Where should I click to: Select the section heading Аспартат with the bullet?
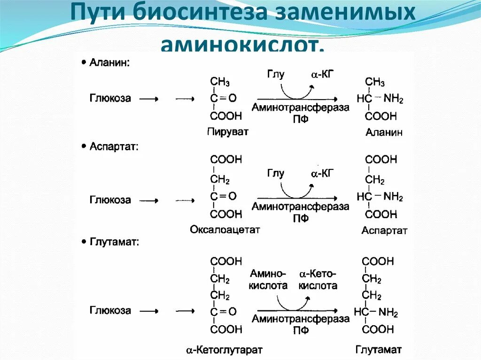tap(113, 147)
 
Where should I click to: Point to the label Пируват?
tap(227, 131)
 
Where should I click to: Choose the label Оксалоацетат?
tap(225, 230)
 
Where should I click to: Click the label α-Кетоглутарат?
tap(224, 350)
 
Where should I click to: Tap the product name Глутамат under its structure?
tap(379, 350)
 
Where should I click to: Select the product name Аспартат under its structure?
tap(384, 231)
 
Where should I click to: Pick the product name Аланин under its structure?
tap(384, 132)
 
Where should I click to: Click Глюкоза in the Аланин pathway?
tap(110, 98)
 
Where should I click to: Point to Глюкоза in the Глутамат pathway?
tap(110, 310)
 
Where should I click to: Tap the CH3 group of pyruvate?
tap(220, 83)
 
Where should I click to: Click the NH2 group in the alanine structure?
tap(393, 99)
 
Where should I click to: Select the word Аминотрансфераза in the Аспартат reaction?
tap(301, 207)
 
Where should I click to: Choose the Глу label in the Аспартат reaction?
tap(276, 173)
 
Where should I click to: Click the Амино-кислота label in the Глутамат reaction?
tap(268, 279)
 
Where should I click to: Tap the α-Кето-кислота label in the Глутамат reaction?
tap(318, 279)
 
